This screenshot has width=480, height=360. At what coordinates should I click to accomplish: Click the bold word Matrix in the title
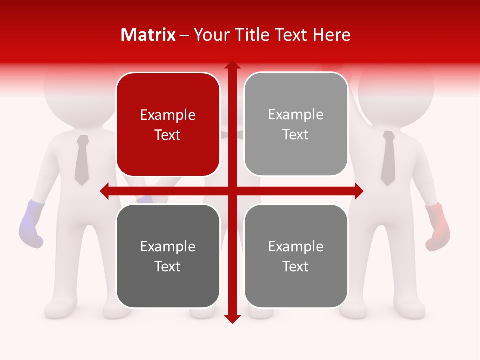(148, 35)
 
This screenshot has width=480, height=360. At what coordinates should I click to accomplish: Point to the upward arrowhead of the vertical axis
(232, 64)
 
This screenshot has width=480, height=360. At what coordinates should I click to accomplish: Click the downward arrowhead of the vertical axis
(232, 319)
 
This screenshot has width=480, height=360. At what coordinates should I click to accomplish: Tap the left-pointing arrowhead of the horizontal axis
(104, 191)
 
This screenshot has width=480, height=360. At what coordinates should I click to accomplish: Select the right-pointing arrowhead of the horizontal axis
(359, 191)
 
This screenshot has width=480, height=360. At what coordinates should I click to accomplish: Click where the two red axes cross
(232, 191)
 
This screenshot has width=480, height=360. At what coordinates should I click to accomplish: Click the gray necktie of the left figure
(82, 160)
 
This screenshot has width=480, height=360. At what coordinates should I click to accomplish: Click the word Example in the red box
(168, 115)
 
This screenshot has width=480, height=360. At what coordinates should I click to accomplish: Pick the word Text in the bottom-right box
(296, 266)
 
